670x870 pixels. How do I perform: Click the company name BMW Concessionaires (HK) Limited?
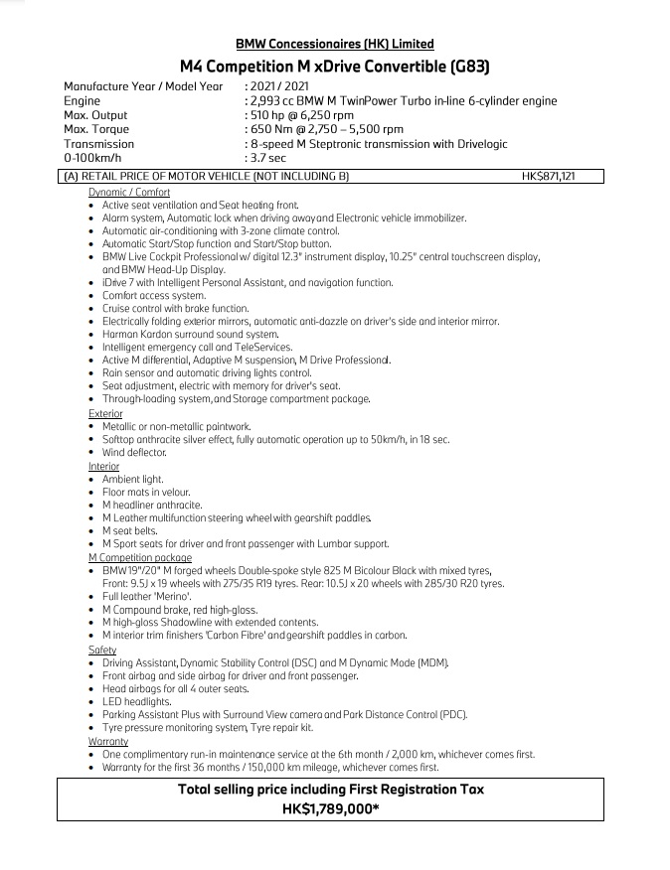coord(334,44)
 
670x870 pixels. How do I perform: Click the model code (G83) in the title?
coord(459,67)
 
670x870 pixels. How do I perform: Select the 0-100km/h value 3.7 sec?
coord(268,158)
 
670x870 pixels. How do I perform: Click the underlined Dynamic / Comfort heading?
coord(128,193)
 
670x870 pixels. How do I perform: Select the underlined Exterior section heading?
coord(105,414)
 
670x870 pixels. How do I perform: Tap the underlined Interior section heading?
coord(103,466)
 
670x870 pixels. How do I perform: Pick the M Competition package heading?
coord(139,558)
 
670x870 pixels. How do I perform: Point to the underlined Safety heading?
coord(102,650)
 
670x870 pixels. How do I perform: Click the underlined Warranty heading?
coord(108,741)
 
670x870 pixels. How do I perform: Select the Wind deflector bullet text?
coord(134,453)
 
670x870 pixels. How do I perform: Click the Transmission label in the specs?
coord(98,144)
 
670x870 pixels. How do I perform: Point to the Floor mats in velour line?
coord(146,492)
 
